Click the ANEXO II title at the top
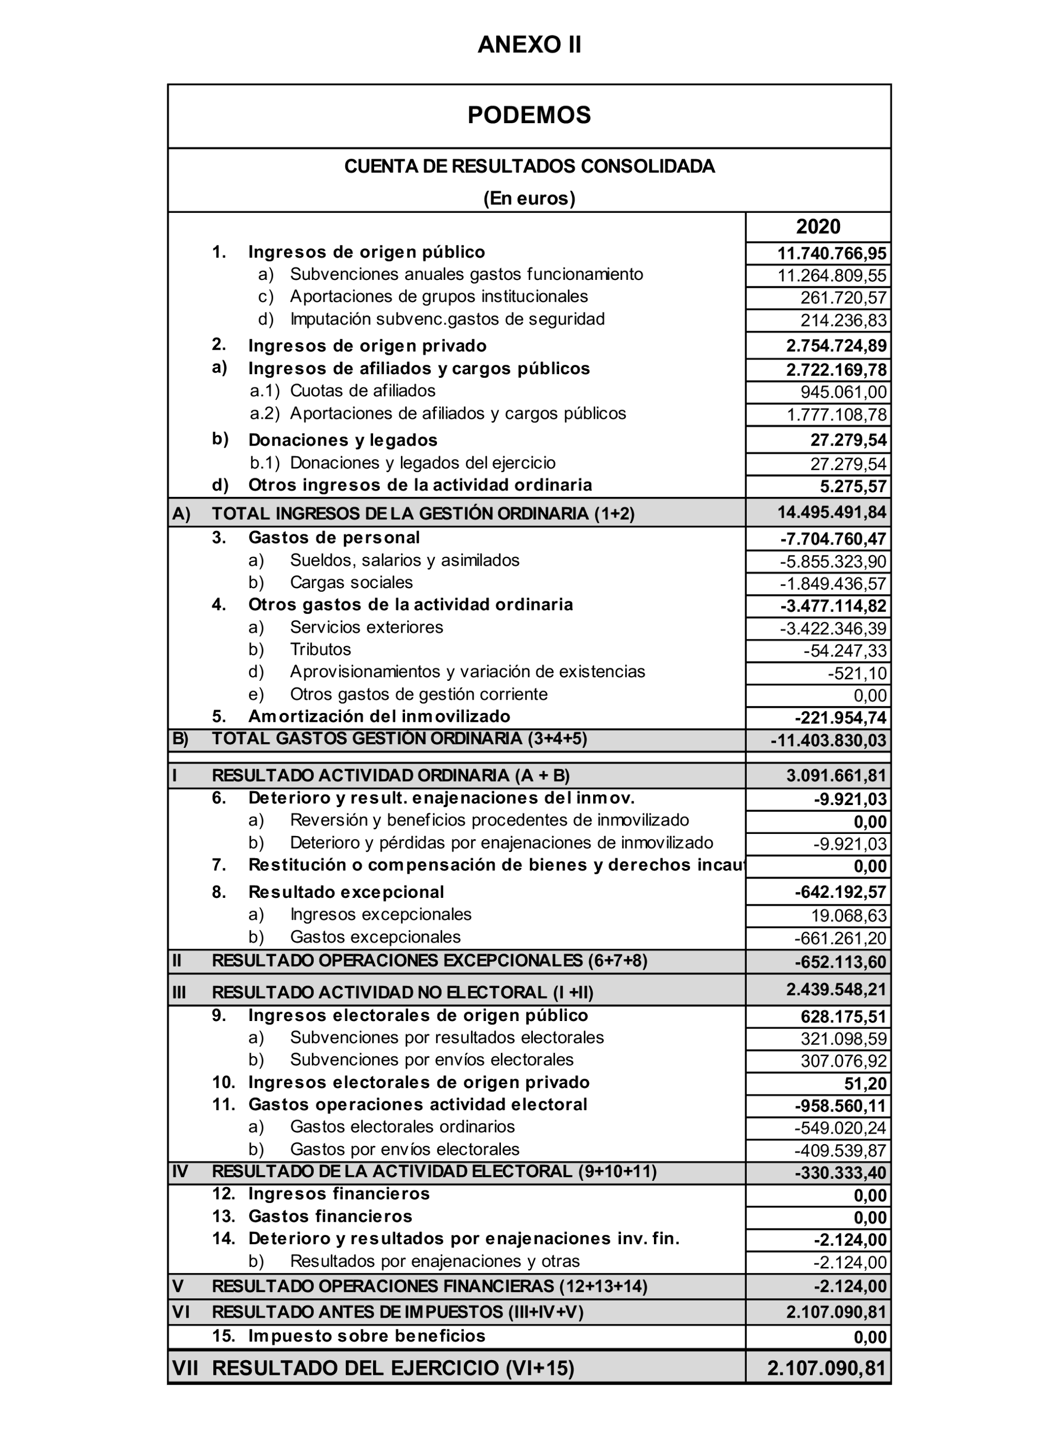(529, 45)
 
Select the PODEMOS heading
(529, 115)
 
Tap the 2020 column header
(818, 226)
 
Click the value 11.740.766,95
(832, 253)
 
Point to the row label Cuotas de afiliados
(363, 390)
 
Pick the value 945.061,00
(844, 392)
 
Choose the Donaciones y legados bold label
(343, 440)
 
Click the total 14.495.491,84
(832, 513)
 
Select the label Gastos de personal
(334, 538)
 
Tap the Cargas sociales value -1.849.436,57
(833, 584)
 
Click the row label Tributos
(321, 649)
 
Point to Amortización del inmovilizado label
(379, 716)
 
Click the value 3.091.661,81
(836, 776)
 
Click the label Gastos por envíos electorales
(405, 1149)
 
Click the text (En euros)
(529, 198)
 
